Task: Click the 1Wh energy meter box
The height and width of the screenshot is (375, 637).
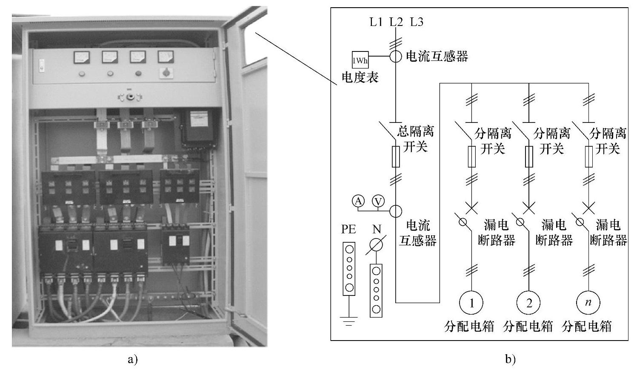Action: click(x=360, y=60)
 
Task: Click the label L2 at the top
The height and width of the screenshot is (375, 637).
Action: click(x=396, y=22)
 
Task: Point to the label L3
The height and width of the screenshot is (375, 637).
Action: click(x=417, y=22)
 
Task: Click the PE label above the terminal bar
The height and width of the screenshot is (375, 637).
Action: click(x=348, y=229)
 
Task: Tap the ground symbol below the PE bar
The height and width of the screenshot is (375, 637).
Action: click(x=349, y=321)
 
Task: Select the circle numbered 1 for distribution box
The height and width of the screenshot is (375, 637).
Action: click(x=471, y=303)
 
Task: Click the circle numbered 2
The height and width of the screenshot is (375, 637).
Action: click(x=529, y=303)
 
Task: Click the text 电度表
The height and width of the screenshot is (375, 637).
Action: click(x=360, y=77)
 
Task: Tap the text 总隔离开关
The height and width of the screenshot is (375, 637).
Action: click(x=415, y=139)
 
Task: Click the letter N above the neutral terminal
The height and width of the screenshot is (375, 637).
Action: click(x=377, y=230)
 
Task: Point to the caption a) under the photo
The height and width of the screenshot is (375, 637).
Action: click(x=133, y=360)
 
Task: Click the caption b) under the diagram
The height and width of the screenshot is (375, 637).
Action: click(x=510, y=360)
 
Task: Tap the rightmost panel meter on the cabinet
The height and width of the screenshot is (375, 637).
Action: click(x=166, y=57)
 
